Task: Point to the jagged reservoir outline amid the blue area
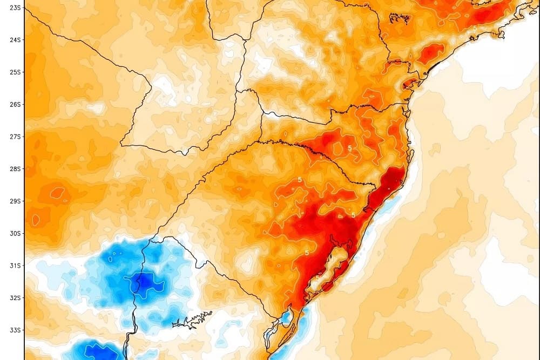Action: click(x=186, y=322)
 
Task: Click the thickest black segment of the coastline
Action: click(x=432, y=67)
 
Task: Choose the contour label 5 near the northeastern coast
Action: click(x=474, y=28)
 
